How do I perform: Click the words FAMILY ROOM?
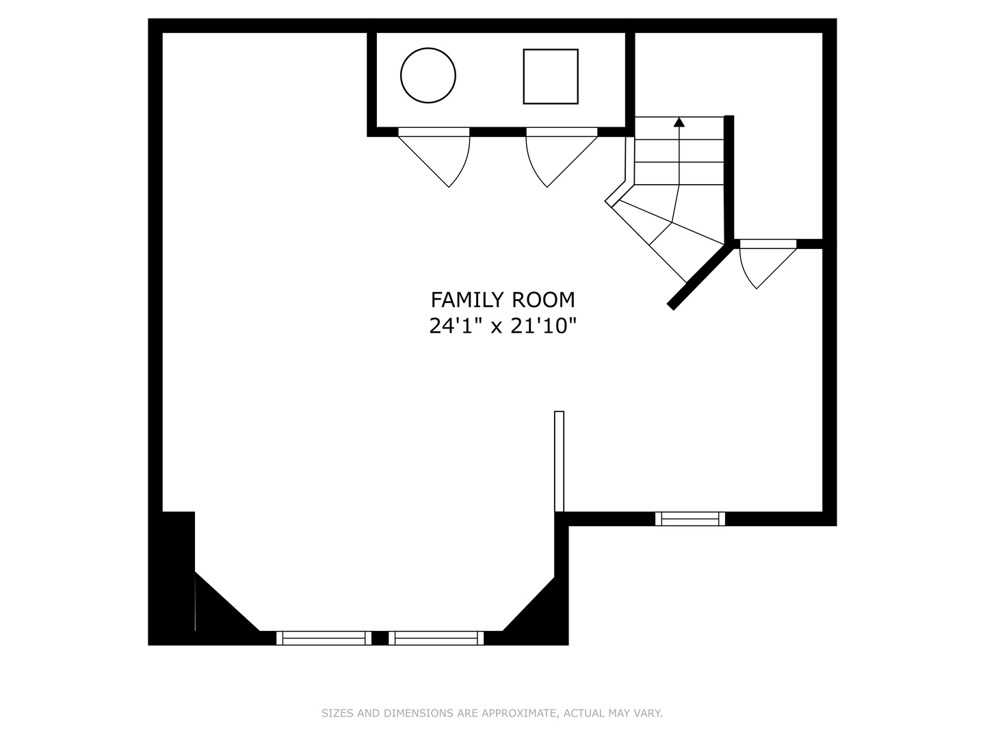click(502, 300)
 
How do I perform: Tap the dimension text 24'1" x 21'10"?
click(502, 326)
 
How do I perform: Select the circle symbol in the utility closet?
click(428, 75)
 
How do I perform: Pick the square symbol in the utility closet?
click(551, 77)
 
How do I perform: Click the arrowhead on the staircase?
click(679, 122)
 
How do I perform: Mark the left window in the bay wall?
click(324, 638)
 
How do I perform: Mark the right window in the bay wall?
click(436, 638)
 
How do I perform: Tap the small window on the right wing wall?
click(690, 519)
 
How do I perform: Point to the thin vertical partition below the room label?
click(559, 461)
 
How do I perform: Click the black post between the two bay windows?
click(380, 638)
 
